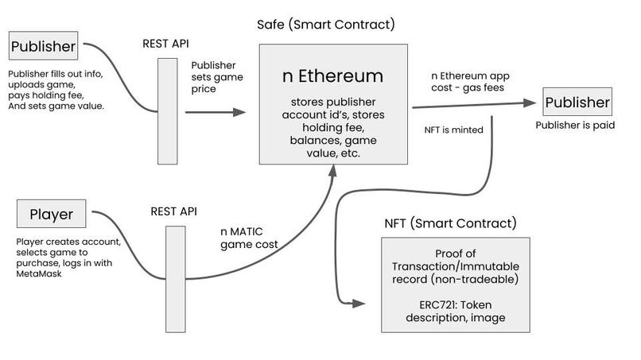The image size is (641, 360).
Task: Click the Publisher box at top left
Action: tap(43, 45)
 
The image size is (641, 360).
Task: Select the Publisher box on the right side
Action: tap(577, 103)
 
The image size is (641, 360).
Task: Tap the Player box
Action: tap(52, 214)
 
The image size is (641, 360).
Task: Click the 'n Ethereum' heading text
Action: tap(333, 77)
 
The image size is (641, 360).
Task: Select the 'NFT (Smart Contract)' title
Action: tap(450, 223)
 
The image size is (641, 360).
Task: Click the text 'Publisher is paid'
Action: tap(576, 126)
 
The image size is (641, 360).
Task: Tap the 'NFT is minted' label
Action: tap(455, 130)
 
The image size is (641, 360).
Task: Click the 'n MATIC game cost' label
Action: tap(249, 238)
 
